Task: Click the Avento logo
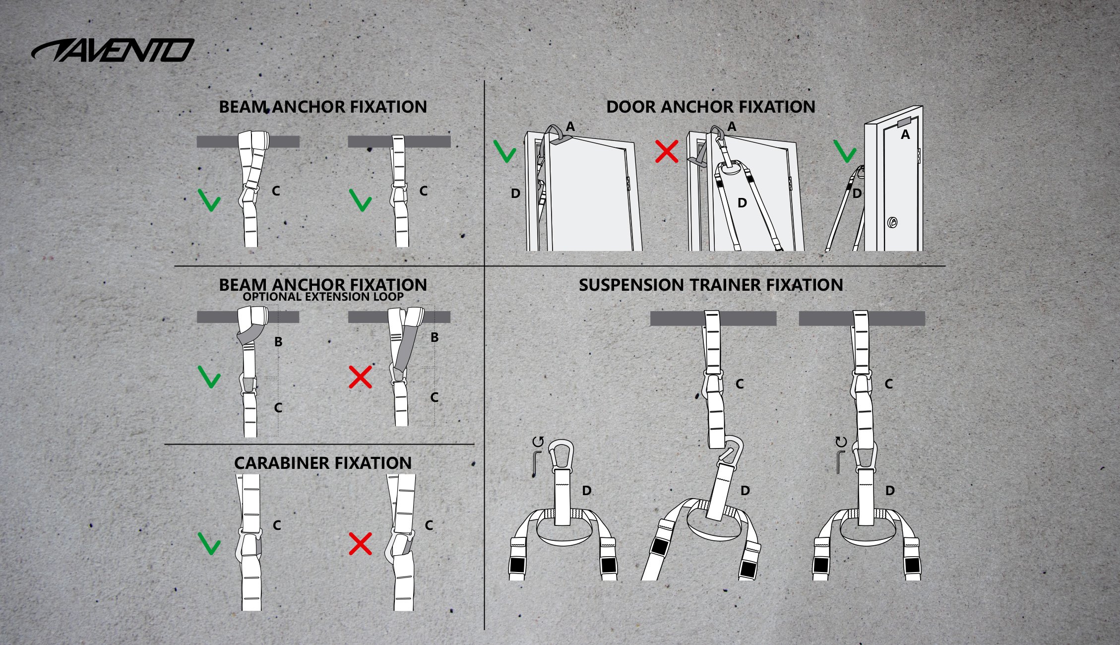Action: [x=113, y=50]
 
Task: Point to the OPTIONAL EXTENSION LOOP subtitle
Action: [x=323, y=297]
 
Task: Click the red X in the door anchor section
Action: [x=666, y=151]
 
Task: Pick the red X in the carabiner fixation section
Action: [x=360, y=544]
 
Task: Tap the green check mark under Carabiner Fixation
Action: [x=209, y=543]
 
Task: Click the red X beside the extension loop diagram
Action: [x=360, y=377]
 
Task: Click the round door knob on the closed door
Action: [x=892, y=222]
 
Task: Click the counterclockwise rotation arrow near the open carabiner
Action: [x=538, y=442]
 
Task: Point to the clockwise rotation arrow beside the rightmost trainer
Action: [x=841, y=442]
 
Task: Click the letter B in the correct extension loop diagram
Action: [x=278, y=341]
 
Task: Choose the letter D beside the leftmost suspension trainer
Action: [x=587, y=491]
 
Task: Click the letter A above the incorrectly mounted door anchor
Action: [x=732, y=127]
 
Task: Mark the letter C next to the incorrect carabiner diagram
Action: [x=429, y=525]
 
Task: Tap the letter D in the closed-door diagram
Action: [x=857, y=193]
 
